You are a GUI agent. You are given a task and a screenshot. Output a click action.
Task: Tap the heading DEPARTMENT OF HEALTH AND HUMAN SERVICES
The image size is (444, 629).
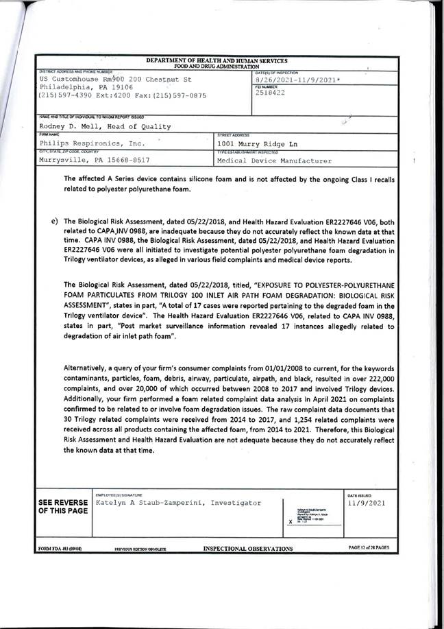click(217, 61)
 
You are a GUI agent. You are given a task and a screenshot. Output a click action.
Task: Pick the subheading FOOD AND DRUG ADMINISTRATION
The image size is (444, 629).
click(217, 66)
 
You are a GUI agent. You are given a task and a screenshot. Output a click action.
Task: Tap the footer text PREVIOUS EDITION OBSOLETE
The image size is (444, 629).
click(140, 549)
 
